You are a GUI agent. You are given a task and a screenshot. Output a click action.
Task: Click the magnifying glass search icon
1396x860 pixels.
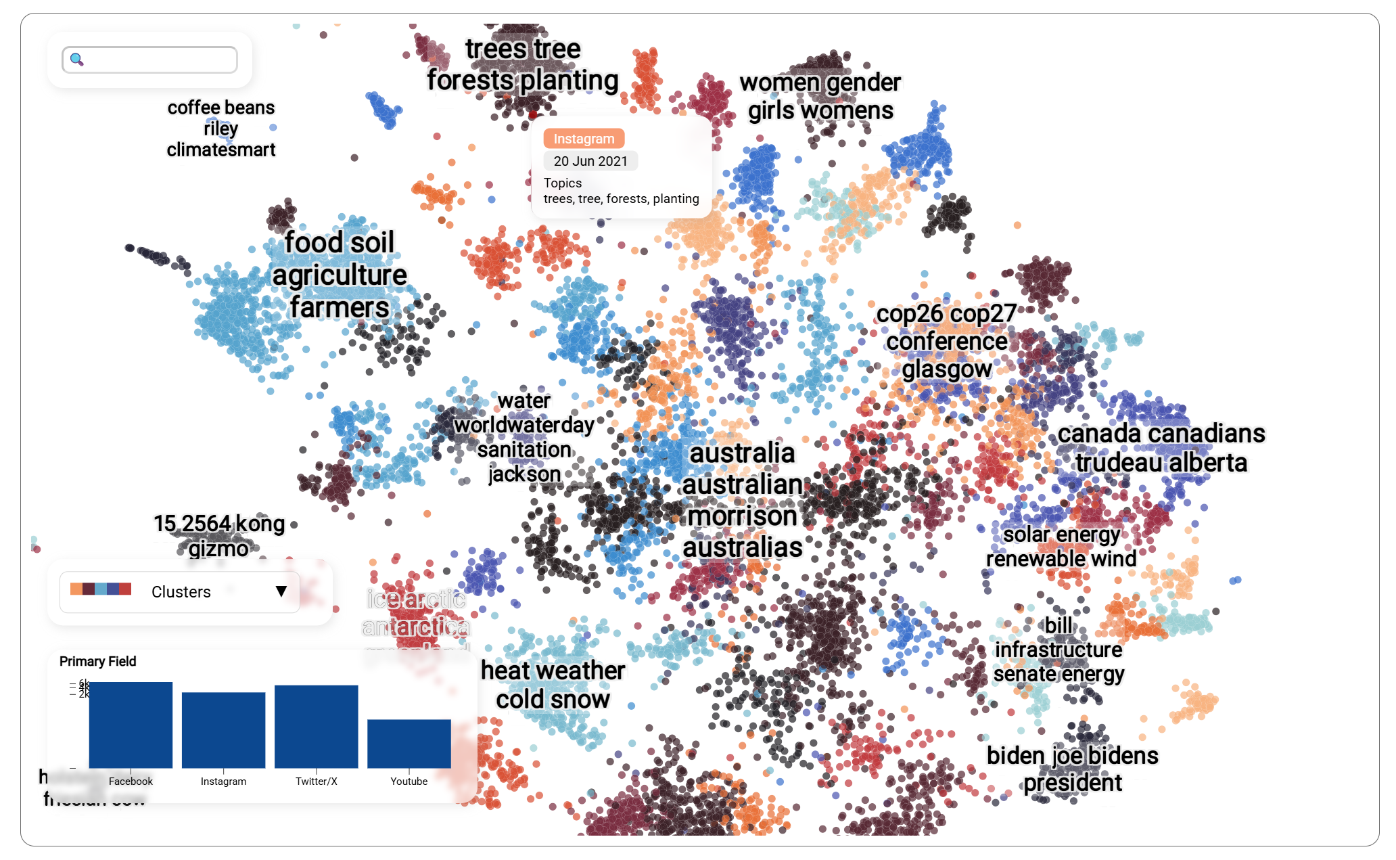[x=77, y=60]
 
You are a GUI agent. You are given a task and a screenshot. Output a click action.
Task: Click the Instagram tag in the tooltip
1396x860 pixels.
[x=584, y=139]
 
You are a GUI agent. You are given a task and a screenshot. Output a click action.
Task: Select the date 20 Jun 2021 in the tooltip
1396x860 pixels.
[x=590, y=161]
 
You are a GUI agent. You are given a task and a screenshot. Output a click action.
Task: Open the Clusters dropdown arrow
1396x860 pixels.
[x=281, y=591]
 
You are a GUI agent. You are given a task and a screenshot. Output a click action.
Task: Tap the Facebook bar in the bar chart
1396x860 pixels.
[x=131, y=725]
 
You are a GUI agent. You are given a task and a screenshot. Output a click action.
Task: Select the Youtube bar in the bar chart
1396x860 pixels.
[x=409, y=743]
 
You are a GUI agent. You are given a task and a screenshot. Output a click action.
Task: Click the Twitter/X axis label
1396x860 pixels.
[x=316, y=782]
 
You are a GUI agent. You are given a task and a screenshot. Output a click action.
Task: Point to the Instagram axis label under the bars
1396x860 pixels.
[x=223, y=782]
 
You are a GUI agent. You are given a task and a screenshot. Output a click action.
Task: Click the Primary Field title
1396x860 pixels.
[x=98, y=661]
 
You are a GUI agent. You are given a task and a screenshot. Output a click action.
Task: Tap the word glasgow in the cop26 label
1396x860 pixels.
[x=946, y=369]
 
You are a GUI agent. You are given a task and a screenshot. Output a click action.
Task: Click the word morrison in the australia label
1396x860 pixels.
[x=742, y=516]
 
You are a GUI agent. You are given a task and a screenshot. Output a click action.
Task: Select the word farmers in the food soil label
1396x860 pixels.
[x=340, y=307]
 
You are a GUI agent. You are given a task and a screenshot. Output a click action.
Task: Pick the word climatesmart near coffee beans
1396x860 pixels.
[x=221, y=150]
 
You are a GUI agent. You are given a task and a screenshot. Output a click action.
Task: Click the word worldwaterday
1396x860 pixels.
[x=523, y=425]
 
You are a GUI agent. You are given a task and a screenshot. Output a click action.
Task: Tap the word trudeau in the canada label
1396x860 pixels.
[x=1118, y=463]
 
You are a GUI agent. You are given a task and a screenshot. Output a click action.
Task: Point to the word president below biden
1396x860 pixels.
[x=1073, y=783]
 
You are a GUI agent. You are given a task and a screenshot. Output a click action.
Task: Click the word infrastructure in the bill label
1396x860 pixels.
[x=1058, y=650]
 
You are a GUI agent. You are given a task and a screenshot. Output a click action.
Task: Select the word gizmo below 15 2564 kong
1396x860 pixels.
[x=218, y=549]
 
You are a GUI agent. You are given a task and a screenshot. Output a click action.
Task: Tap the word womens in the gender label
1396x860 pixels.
[x=857, y=110]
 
